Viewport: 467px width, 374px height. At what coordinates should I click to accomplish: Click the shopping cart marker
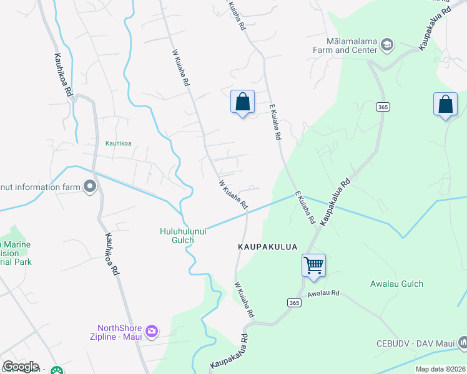point(313,264)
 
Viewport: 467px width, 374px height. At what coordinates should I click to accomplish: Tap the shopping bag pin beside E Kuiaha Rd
point(242,102)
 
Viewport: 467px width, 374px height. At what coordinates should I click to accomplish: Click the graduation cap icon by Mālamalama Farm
point(387,44)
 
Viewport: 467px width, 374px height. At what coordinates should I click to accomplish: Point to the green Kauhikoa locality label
point(118,143)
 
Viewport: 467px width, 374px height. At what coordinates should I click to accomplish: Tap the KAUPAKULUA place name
point(267,247)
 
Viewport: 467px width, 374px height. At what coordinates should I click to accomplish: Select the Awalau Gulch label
point(396,284)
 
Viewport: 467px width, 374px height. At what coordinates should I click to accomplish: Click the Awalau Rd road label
point(323,293)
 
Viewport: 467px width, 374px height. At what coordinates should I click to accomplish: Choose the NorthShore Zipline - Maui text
point(119,332)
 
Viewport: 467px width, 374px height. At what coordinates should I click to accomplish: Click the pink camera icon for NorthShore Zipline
point(151,330)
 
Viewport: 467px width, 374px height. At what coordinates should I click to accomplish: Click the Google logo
point(21,367)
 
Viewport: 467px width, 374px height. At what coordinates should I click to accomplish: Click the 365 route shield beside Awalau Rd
point(295,302)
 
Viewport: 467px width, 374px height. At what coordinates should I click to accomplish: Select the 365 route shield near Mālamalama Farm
point(383,107)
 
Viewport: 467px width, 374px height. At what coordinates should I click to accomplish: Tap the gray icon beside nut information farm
point(90,186)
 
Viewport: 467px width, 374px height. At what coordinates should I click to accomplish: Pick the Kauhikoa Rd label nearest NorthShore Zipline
point(114,256)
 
